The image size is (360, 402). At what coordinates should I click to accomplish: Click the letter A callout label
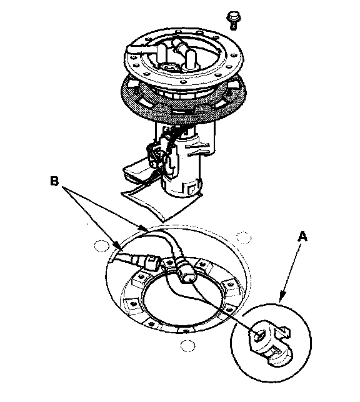302,236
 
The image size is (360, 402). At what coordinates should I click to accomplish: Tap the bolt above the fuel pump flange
233,20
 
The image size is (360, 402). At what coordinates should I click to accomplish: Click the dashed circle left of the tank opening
102,246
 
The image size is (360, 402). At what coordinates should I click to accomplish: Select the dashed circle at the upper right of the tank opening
244,237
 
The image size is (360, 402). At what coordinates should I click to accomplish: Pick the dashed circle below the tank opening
187,346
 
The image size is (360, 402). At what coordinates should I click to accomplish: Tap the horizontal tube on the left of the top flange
140,49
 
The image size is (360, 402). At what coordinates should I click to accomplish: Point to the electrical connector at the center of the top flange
169,67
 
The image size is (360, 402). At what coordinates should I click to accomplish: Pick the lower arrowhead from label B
117,245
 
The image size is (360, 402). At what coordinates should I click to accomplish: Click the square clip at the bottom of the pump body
191,190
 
